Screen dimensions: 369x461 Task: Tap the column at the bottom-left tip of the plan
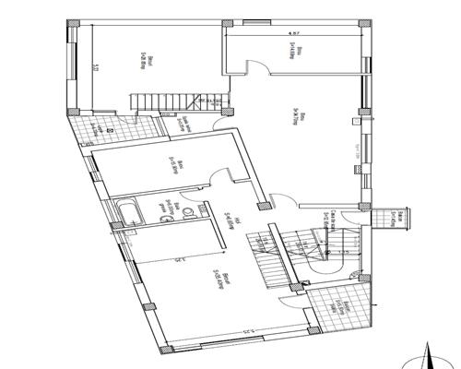[166, 350]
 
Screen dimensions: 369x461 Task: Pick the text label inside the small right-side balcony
[393, 218]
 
